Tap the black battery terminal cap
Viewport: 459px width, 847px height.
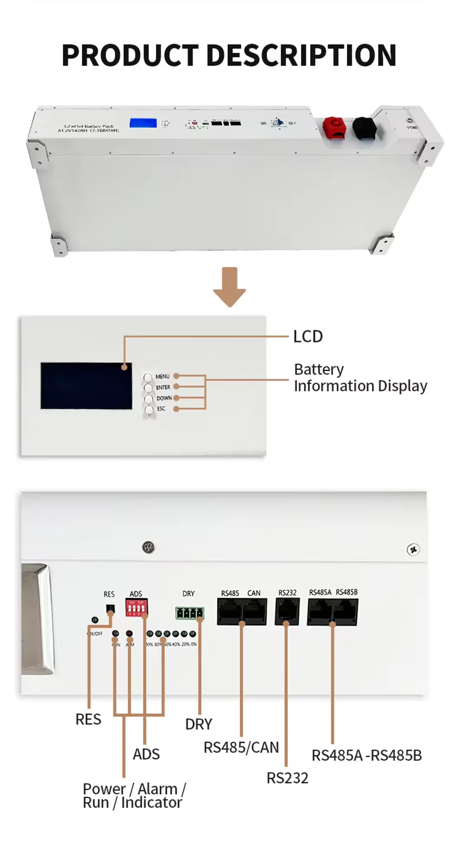[364, 128]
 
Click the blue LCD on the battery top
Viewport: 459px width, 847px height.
[143, 122]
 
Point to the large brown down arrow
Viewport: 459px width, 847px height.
[229, 287]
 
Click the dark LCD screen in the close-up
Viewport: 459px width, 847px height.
[86, 386]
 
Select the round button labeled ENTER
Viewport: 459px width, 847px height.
[149, 388]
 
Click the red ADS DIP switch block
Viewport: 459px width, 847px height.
[136, 608]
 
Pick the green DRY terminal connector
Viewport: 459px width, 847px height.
[189, 613]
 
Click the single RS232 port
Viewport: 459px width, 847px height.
[287, 612]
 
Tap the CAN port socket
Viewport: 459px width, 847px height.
[255, 612]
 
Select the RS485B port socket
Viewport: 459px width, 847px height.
[346, 612]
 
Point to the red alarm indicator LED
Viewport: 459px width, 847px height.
[129, 634]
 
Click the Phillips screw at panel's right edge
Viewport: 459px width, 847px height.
[413, 550]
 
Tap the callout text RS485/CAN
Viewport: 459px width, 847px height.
[241, 747]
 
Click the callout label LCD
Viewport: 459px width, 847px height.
[308, 336]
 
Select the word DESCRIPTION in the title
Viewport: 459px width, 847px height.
[301, 55]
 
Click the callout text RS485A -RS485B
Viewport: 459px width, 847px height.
[366, 755]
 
